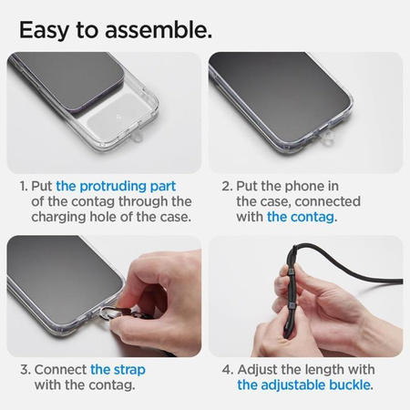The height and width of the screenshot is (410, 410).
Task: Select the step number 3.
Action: click(23, 370)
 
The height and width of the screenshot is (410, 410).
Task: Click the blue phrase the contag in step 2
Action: click(302, 217)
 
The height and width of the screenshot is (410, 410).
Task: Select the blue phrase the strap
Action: click(118, 370)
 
